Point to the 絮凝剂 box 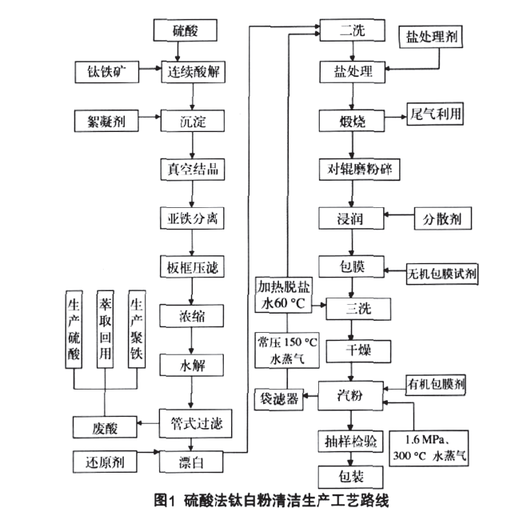(x=104, y=122)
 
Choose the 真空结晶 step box (x=190, y=170)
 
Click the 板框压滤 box (x=190, y=266)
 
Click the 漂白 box (x=190, y=462)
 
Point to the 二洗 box (x=352, y=31)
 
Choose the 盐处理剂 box (x=433, y=37)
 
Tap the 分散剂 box (x=441, y=218)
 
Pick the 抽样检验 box (x=353, y=441)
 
